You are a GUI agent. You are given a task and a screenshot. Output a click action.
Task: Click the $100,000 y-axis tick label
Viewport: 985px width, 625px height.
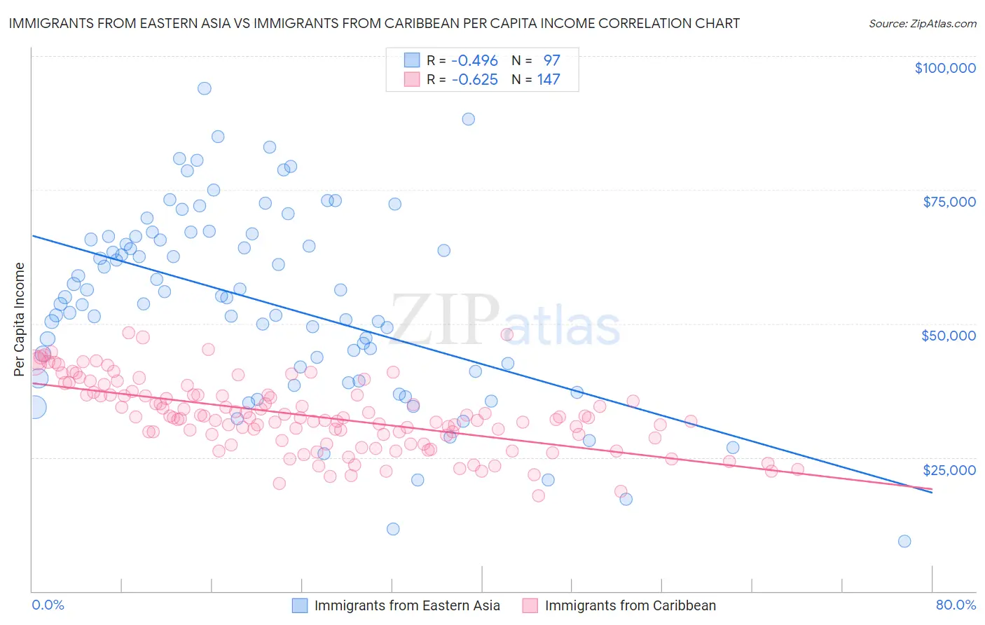coord(945,68)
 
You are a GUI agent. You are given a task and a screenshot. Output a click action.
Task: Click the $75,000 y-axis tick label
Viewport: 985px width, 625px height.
coord(949,202)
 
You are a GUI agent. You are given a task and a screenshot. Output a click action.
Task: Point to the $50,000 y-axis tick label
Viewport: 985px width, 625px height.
coord(949,336)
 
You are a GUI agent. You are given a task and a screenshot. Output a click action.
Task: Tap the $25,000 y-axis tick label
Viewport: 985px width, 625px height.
coord(949,470)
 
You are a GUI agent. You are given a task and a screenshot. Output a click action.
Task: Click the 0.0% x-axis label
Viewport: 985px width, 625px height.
coord(48,605)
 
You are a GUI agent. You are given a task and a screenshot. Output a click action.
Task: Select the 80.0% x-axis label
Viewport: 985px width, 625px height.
coord(956,605)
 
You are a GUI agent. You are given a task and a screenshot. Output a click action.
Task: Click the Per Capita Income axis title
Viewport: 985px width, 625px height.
coord(20,319)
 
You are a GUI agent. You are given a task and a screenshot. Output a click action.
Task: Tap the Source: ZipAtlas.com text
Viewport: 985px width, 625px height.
coord(922,23)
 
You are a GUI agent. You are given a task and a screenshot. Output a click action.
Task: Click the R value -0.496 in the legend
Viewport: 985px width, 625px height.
coord(474,60)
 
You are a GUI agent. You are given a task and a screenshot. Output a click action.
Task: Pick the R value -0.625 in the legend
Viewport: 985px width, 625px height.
coord(474,80)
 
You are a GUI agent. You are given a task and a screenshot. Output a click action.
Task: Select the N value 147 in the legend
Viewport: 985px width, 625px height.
coord(549,80)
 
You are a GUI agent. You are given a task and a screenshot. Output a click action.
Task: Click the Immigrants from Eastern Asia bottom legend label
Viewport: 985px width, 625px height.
coord(407,605)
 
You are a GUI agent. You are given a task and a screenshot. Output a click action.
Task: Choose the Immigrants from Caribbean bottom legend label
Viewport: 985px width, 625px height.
coord(631,605)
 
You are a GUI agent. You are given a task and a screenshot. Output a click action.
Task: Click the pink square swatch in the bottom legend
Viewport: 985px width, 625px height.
coord(530,605)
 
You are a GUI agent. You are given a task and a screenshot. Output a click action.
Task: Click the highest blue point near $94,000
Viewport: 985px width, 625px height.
coord(205,88)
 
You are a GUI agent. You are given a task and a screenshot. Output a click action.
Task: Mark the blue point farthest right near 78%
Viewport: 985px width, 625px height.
coord(904,541)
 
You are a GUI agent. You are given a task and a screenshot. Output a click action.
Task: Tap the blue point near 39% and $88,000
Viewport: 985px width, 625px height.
coord(468,119)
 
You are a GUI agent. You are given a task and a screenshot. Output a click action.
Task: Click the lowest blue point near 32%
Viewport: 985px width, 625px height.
coord(393,529)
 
